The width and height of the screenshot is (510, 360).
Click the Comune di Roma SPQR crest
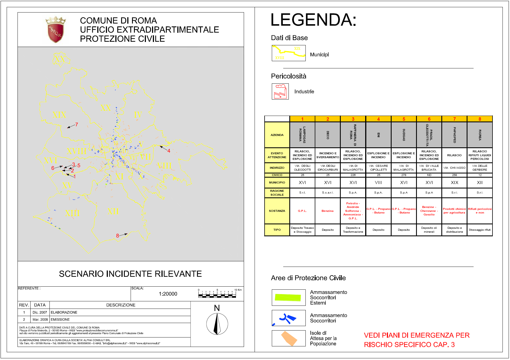tap(56, 30)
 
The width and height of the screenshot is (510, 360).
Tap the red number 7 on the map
tap(76, 125)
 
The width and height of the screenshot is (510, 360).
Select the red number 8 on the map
tap(118, 236)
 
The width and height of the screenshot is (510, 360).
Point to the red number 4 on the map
tap(169, 151)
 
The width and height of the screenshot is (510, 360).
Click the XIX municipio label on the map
tap(59, 115)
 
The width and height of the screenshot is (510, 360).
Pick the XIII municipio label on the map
tap(72, 213)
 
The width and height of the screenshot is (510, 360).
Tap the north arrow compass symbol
tap(217, 324)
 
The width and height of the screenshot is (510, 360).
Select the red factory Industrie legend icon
tap(280, 91)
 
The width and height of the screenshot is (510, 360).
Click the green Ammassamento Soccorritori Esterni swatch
tap(288, 297)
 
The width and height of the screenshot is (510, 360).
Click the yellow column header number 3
tap(353, 119)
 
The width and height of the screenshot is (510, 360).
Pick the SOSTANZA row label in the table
tap(277, 211)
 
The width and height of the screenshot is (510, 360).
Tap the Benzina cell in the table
tap(328, 211)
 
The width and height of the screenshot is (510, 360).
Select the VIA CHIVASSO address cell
tap(454, 168)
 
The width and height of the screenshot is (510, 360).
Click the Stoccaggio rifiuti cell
tap(480, 230)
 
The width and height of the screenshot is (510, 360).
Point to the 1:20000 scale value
tap(168, 294)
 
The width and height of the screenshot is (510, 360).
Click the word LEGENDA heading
tap(313, 20)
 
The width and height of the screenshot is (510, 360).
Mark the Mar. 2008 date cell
tap(40, 320)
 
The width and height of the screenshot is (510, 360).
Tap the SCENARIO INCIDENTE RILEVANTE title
tap(130, 274)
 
